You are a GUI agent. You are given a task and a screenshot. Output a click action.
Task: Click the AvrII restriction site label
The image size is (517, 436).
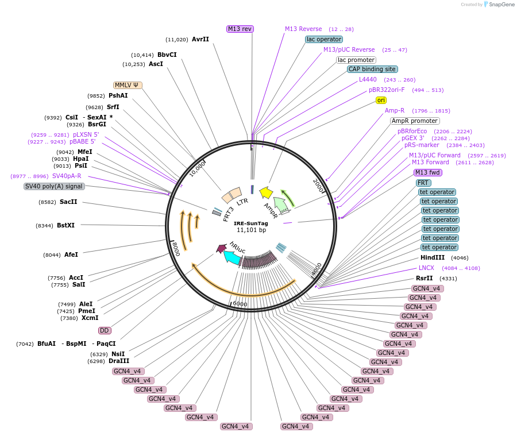click(200, 40)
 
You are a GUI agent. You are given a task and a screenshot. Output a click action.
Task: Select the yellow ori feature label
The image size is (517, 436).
click(381, 100)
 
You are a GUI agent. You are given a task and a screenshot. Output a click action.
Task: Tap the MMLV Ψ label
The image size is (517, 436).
click(128, 85)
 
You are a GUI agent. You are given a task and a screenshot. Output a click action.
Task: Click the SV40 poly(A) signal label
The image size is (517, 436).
click(54, 186)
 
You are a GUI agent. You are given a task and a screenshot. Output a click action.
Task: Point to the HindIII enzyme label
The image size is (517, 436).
click(432, 258)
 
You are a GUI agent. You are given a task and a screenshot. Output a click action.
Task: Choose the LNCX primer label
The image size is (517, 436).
click(426, 268)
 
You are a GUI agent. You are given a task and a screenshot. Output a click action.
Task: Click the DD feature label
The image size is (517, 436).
click(104, 330)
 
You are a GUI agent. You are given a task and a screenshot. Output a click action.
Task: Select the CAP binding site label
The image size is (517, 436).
click(372, 69)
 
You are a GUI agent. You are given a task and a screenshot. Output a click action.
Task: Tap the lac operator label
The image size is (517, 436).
click(324, 39)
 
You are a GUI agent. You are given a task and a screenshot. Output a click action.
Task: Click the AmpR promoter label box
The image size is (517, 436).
click(414, 121)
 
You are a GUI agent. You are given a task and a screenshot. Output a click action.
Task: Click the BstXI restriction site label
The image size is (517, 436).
click(65, 226)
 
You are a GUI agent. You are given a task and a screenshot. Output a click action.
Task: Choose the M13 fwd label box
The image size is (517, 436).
click(427, 172)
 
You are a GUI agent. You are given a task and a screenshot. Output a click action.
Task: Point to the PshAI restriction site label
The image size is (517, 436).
click(118, 96)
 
